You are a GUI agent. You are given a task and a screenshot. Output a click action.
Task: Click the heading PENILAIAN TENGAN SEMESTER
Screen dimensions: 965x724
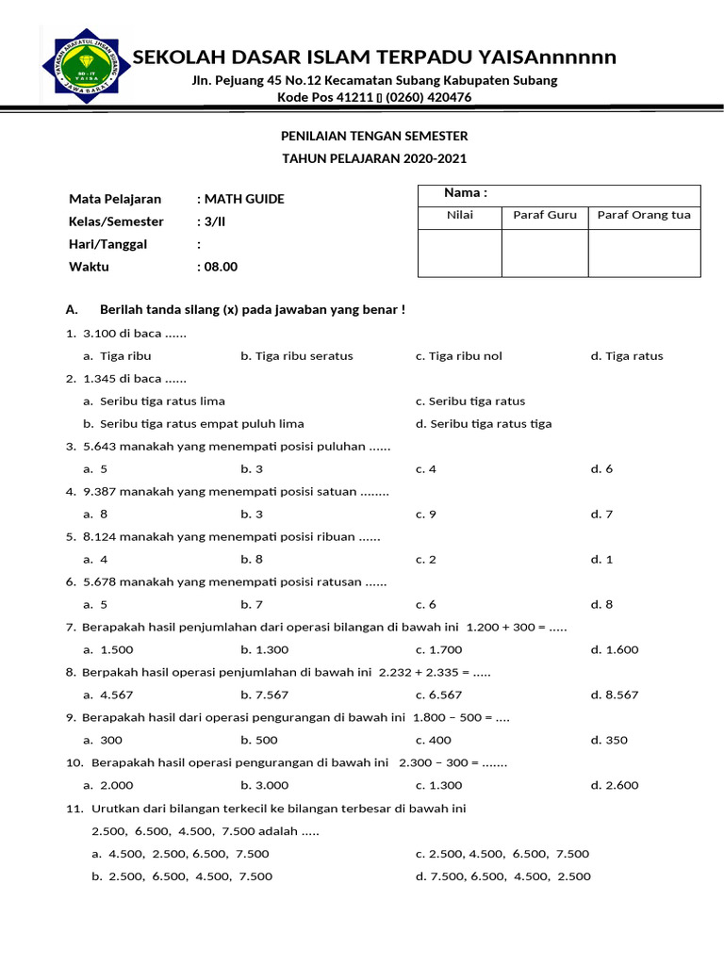pos(374,137)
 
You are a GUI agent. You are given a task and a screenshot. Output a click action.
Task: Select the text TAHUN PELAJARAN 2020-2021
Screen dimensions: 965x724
pos(374,159)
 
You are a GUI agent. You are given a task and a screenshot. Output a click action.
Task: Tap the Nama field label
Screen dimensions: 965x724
pos(465,193)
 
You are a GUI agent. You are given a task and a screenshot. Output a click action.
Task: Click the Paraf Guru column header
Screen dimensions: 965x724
pos(544,215)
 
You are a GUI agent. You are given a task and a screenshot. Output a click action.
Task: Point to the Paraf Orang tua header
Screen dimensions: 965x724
pos(644,215)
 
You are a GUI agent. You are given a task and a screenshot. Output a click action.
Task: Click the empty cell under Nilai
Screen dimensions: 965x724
pos(459,253)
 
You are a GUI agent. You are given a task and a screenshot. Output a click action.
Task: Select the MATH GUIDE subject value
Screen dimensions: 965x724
pos(243,199)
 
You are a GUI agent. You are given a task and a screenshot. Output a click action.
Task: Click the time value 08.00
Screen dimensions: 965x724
pos(222,267)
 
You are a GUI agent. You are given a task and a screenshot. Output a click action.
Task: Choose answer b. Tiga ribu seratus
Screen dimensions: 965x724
pos(296,356)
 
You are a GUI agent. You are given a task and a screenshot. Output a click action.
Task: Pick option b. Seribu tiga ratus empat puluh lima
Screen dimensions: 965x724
pos(193,424)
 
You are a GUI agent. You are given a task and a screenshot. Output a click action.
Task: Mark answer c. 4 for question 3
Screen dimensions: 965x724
pos(425,469)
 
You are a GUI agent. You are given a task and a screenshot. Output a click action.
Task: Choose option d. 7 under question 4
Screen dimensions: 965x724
pos(601,515)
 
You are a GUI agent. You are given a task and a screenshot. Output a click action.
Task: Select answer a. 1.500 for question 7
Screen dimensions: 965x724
pos(108,650)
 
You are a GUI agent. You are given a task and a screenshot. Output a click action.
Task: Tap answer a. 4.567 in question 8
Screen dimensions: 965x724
pos(108,695)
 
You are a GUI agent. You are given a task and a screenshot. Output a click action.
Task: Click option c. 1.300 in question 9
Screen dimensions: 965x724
pos(438,786)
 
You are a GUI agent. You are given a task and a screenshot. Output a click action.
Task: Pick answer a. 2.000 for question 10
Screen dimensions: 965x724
pos(108,786)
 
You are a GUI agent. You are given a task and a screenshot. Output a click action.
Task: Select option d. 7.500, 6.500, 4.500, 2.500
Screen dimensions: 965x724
pos(502,876)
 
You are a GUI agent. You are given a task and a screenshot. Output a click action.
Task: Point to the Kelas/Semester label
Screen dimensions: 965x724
pos(116,221)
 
